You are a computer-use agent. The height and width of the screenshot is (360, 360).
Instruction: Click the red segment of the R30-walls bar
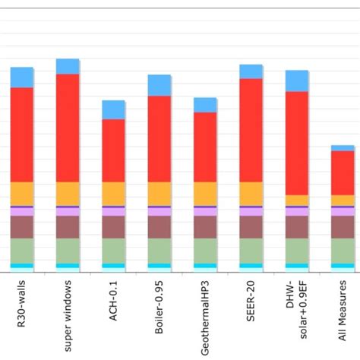22,134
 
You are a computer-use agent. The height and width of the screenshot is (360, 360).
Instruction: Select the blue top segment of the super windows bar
68,66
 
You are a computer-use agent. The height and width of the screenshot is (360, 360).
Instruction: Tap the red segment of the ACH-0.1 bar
113,150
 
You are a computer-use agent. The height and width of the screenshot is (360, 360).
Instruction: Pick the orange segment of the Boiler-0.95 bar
159,193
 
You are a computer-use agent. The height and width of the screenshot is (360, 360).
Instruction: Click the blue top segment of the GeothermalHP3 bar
205,105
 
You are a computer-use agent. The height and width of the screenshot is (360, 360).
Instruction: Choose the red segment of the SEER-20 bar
251,130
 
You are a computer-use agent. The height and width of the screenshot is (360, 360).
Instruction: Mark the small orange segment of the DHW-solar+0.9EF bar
296,201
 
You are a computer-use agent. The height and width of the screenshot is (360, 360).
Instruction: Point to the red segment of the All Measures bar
343,173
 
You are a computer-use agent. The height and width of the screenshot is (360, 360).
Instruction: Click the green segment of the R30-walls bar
22,251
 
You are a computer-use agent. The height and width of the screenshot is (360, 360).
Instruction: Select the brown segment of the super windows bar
68,227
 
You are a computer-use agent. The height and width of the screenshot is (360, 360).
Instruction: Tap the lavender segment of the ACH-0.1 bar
113,212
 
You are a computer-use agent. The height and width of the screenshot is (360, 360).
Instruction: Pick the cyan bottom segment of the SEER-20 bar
251,266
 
